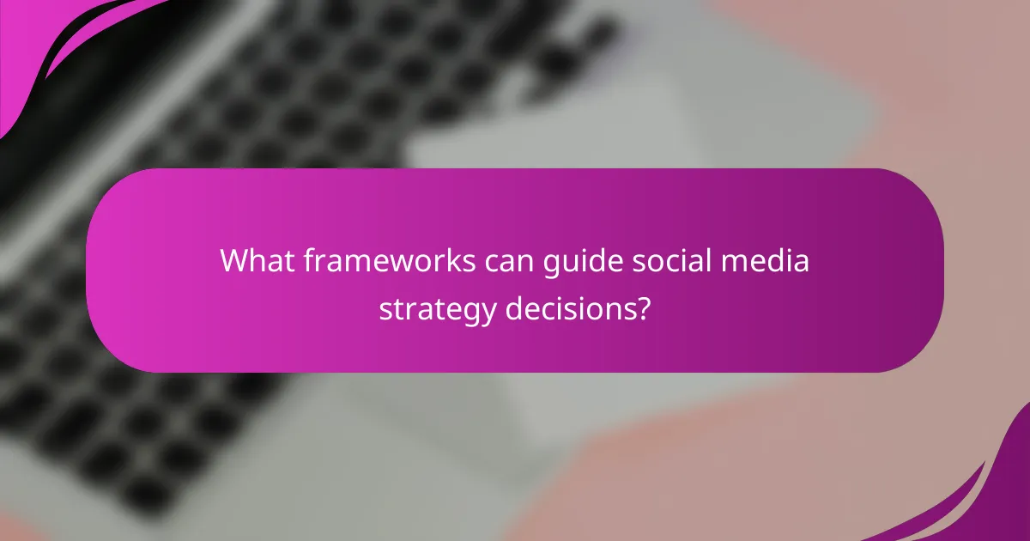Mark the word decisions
click(568, 307)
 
